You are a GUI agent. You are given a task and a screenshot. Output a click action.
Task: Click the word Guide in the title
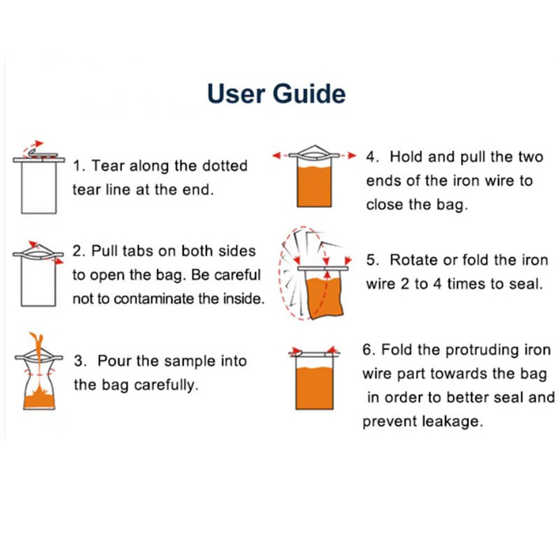click(309, 94)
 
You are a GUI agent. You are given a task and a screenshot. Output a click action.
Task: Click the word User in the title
click(236, 94)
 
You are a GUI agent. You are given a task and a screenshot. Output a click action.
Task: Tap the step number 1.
click(79, 166)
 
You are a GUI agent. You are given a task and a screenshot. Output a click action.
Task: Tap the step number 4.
click(372, 157)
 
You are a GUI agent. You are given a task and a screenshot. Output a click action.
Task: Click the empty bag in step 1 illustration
click(39, 188)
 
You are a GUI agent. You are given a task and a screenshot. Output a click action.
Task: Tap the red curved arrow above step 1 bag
click(32, 147)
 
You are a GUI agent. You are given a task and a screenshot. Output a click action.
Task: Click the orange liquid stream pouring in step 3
click(38, 360)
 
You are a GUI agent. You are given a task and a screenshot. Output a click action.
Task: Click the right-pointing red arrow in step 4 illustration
click(347, 156)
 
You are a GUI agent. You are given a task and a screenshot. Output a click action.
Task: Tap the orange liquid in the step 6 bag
click(314, 388)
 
